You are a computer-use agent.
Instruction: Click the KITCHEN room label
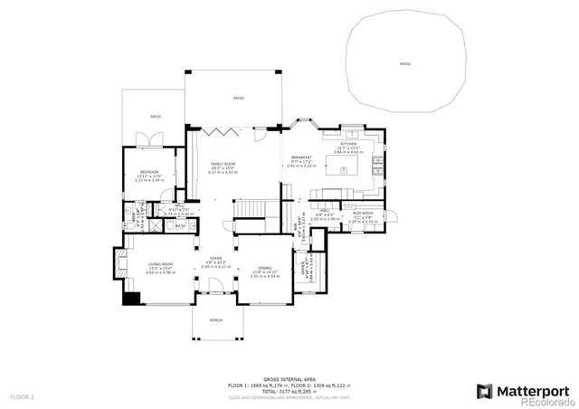(348, 144)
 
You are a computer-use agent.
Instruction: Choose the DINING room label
(264, 268)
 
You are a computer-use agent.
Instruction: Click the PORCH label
(215, 320)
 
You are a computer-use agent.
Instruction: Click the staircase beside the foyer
(249, 211)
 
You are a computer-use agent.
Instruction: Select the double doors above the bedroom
(149, 138)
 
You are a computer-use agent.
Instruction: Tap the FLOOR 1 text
(22, 396)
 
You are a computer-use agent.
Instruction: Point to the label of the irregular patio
(404, 64)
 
